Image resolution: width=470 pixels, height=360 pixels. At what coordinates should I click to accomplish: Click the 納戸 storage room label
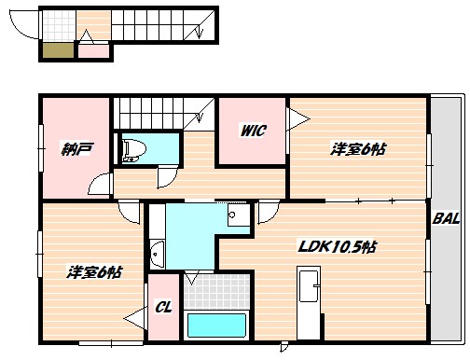click(76, 148)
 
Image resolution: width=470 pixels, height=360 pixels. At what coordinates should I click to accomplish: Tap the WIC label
click(253, 132)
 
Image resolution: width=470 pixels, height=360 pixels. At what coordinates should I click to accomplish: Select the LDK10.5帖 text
click(337, 247)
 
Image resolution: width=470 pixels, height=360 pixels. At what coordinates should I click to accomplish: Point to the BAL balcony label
click(446, 219)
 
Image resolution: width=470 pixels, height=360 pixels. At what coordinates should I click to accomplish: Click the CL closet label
click(163, 307)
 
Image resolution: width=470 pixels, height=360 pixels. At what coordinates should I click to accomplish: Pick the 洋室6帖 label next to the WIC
click(358, 148)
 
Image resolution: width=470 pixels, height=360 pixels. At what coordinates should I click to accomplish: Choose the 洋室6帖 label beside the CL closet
click(93, 272)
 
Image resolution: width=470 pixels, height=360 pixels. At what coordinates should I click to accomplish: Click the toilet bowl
click(132, 148)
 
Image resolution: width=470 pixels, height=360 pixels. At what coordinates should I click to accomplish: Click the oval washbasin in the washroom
click(157, 252)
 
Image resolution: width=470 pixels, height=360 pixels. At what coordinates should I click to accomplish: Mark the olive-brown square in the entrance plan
click(56, 50)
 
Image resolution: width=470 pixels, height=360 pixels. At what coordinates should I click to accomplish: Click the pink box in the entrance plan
click(91, 50)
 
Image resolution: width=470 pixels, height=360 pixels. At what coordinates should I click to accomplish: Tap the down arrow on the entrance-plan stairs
click(200, 31)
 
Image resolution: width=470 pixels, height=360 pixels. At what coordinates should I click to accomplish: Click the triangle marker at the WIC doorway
click(297, 118)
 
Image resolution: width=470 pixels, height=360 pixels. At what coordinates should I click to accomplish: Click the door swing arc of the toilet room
click(166, 176)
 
